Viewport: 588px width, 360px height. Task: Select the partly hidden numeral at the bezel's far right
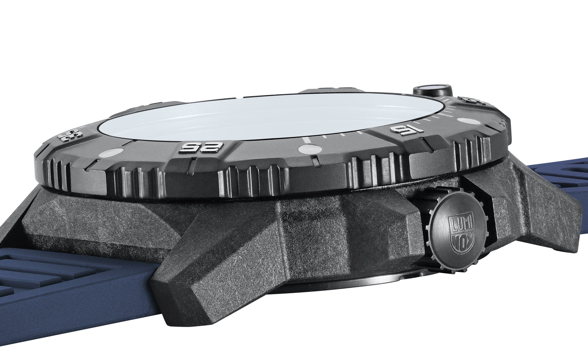point(474,99)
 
